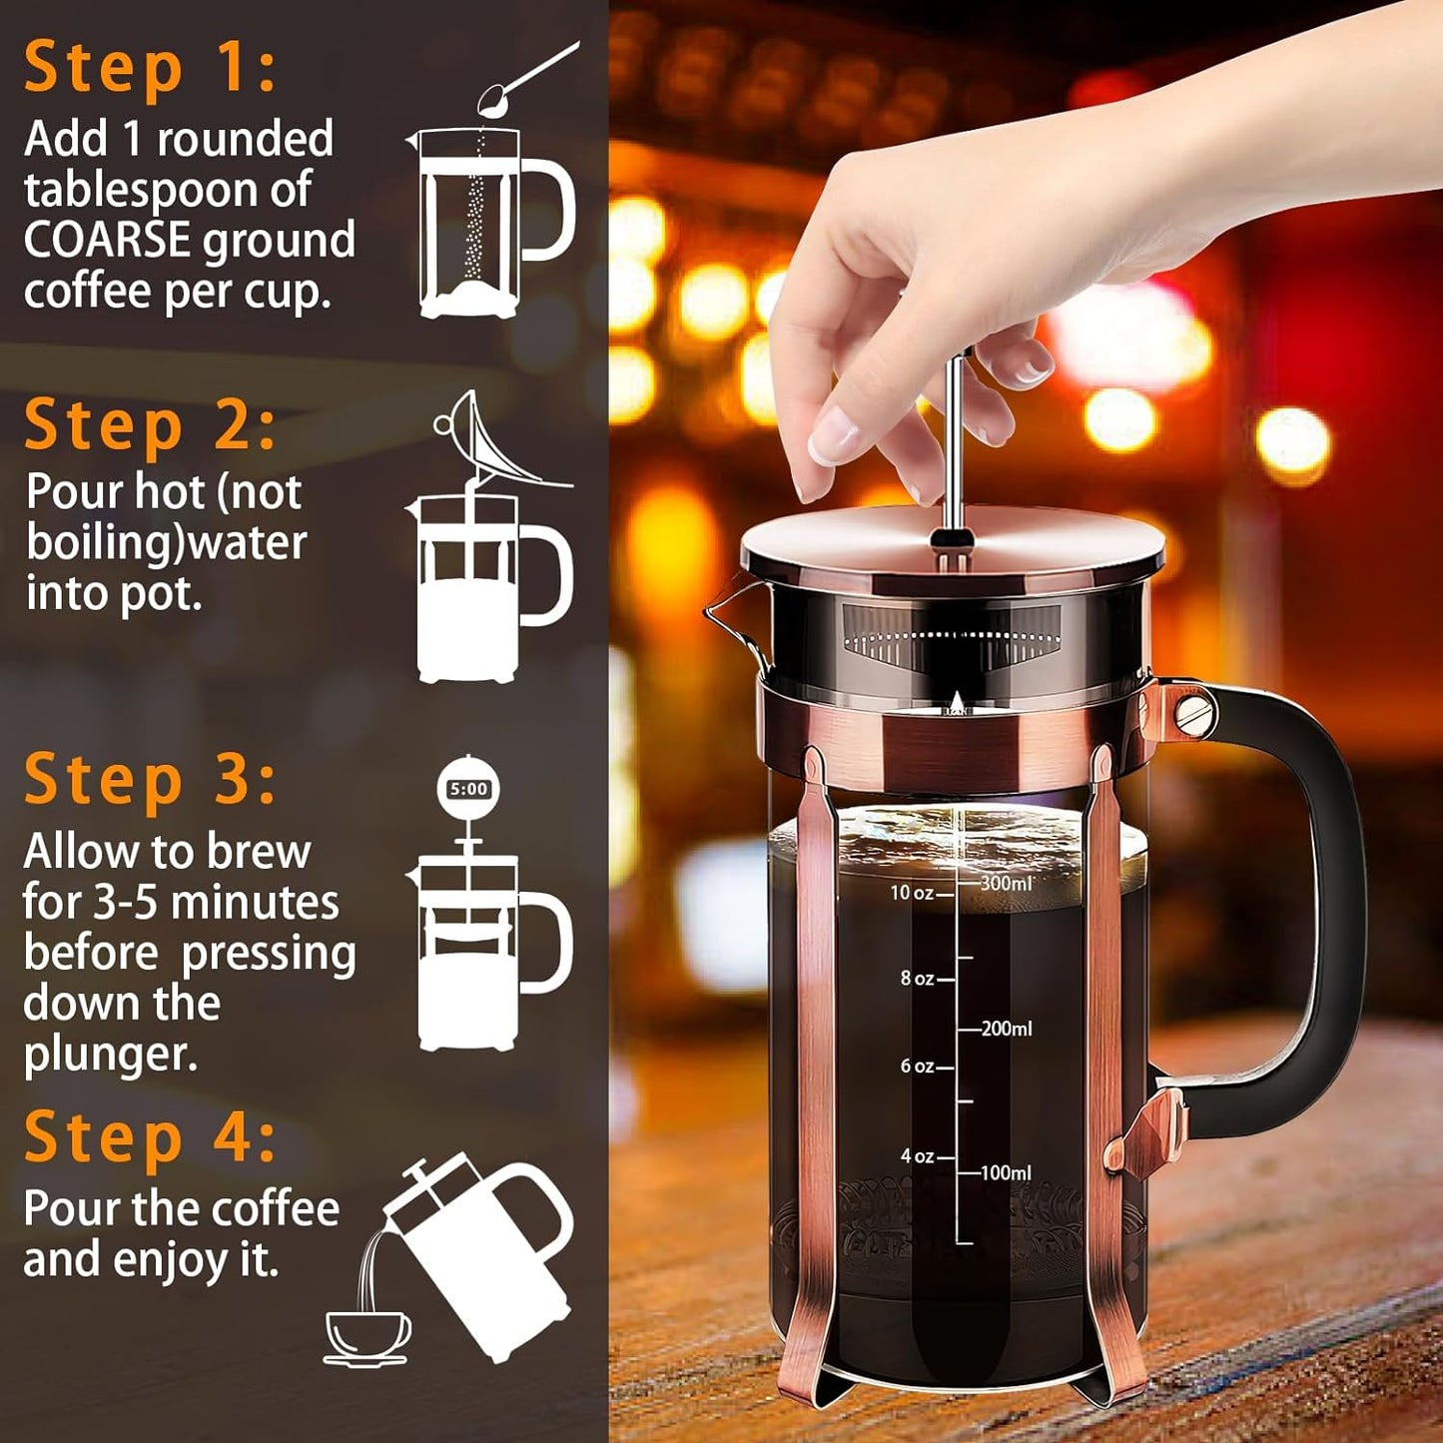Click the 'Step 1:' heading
click(150, 68)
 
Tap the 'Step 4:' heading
click(150, 1137)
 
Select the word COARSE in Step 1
click(107, 241)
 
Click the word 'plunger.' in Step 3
click(110, 1055)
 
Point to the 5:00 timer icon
click(468, 789)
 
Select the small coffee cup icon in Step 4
click(367, 1336)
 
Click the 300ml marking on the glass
click(1006, 884)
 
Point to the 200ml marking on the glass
click(1006, 1029)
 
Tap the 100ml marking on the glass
click(1006, 1173)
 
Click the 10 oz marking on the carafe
click(912, 893)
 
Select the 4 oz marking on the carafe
click(917, 1156)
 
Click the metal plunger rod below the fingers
click(955, 449)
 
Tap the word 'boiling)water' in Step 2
click(166, 543)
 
